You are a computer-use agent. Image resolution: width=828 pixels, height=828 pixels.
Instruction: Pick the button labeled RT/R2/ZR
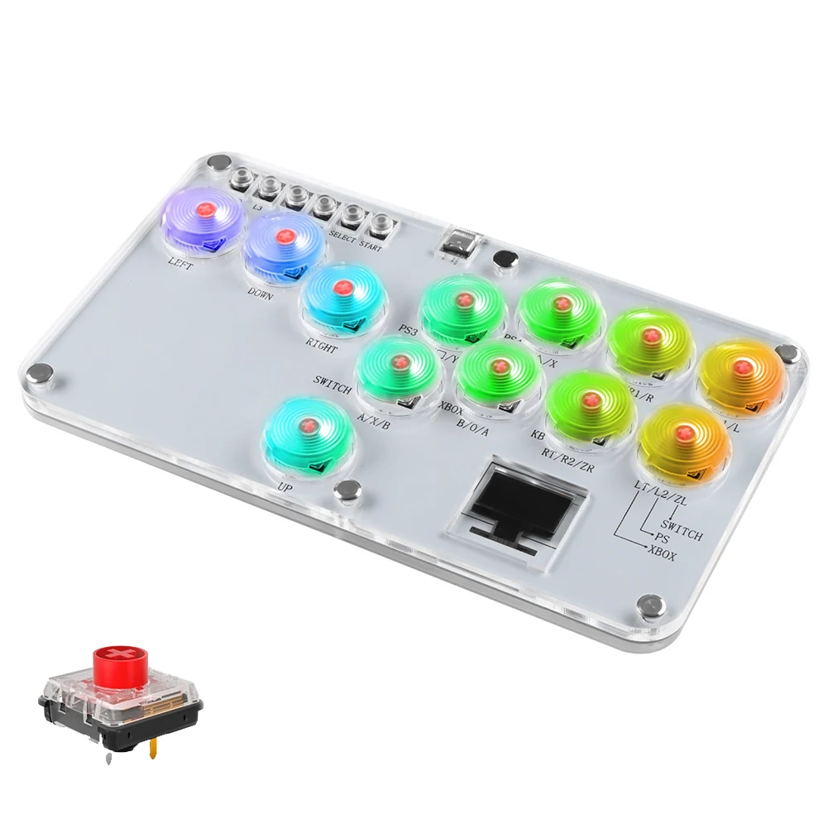coord(591,403)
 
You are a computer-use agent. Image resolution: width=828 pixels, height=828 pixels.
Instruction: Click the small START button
coord(381,222)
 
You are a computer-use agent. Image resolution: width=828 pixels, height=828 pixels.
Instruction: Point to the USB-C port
coord(456,241)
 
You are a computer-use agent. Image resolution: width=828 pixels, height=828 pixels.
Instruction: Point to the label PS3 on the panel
coord(408,332)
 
